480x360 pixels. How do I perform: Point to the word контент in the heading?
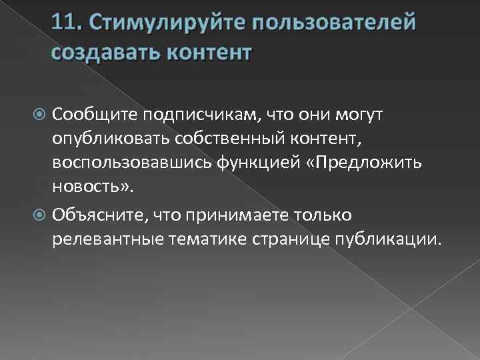point(209,52)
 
